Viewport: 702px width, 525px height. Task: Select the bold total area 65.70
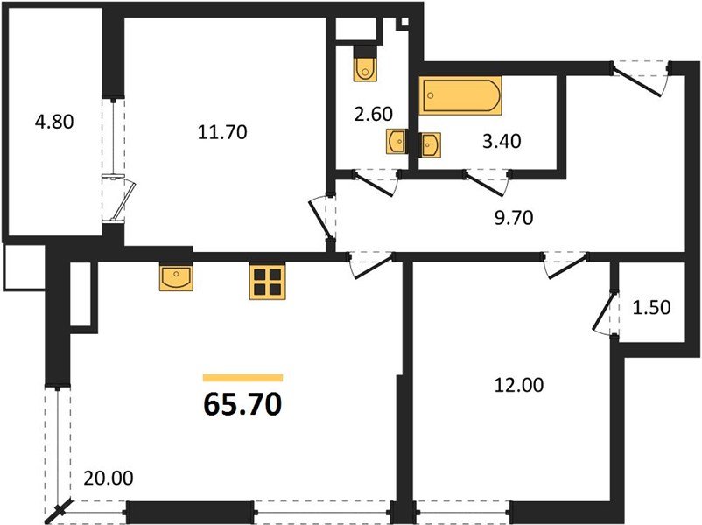pos(242,404)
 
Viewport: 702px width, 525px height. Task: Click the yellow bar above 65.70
pos(242,378)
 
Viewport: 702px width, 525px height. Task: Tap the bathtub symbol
pos(460,96)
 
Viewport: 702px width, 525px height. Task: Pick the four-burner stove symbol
pos(268,281)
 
